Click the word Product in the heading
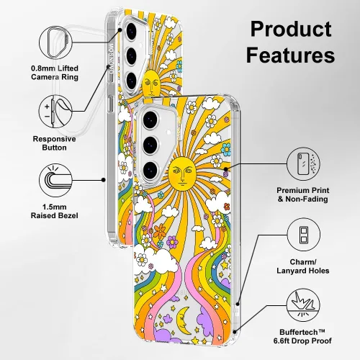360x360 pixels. point(291,30)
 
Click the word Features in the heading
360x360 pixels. point(290,55)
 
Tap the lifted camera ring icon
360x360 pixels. point(56,42)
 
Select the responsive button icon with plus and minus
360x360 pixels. point(55,112)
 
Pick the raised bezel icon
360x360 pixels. point(55,180)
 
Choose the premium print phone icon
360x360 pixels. point(304,164)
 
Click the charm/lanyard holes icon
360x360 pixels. point(304,235)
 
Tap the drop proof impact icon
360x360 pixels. point(304,305)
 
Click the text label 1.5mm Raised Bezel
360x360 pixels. point(55,211)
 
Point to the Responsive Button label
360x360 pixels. point(54,143)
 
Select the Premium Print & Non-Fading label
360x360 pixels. point(303,194)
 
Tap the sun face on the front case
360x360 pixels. point(181,174)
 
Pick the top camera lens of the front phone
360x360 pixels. point(150,120)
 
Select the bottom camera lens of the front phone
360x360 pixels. point(150,170)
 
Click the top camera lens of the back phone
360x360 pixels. point(131,30)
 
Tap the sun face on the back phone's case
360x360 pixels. point(151,83)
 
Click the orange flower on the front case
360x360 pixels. point(159,231)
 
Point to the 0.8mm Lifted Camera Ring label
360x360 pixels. point(55,73)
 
